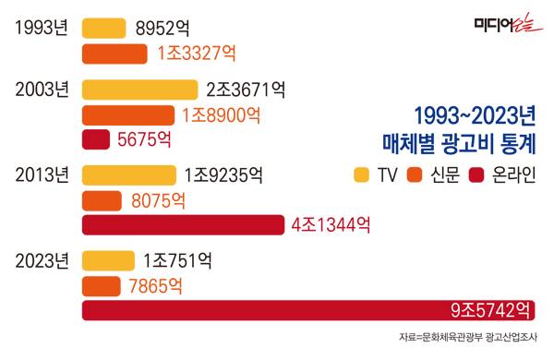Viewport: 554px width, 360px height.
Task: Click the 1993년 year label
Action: [42, 29]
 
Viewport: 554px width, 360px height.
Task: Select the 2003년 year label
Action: [42, 90]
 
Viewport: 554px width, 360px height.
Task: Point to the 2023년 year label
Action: [42, 260]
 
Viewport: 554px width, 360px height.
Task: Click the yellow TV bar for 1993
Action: [104, 29]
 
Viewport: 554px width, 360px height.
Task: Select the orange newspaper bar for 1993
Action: [114, 54]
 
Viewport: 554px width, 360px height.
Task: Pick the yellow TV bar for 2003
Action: [140, 90]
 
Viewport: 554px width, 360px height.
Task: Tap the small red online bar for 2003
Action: [97, 140]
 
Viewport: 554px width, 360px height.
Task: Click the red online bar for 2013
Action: [184, 224]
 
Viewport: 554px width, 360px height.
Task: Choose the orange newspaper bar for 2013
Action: [102, 199]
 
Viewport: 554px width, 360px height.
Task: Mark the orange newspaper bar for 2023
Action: [102, 285]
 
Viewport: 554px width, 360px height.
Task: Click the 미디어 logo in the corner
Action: [504, 26]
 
